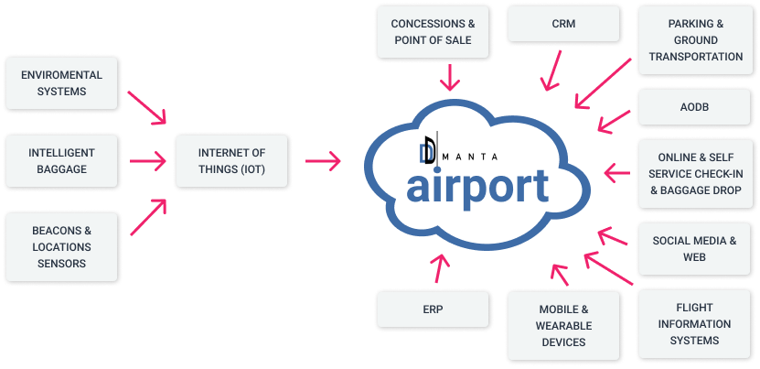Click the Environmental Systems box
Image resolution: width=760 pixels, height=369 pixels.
coord(61,83)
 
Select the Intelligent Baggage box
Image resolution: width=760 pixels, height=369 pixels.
coord(61,161)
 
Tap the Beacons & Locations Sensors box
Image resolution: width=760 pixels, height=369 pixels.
coord(61,246)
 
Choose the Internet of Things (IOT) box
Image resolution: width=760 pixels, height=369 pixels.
coord(231,161)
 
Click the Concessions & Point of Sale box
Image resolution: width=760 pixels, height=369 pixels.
coord(433,31)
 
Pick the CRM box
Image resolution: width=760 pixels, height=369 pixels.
coord(563,23)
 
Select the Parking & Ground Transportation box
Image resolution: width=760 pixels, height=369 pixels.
coord(696,39)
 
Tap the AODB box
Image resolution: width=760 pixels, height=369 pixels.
coord(696,107)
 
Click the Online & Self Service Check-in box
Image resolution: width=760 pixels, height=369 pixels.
coord(696,174)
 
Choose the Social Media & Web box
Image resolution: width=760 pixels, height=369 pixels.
coord(696,248)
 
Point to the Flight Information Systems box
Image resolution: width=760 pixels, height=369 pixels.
coord(696,324)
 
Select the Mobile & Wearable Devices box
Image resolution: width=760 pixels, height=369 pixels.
coord(563,325)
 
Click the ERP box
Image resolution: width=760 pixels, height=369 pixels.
coord(433,309)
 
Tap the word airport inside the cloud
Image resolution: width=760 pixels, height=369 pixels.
coord(477,186)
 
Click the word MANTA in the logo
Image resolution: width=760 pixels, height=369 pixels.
coord(470,157)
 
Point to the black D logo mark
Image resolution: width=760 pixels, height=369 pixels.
coord(430,149)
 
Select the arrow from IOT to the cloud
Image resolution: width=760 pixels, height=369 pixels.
coord(323,161)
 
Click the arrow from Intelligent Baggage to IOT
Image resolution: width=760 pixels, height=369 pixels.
coord(148,161)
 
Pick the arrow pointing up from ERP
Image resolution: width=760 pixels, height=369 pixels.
coord(440,267)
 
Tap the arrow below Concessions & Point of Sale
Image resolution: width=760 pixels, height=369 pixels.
coord(450,77)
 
